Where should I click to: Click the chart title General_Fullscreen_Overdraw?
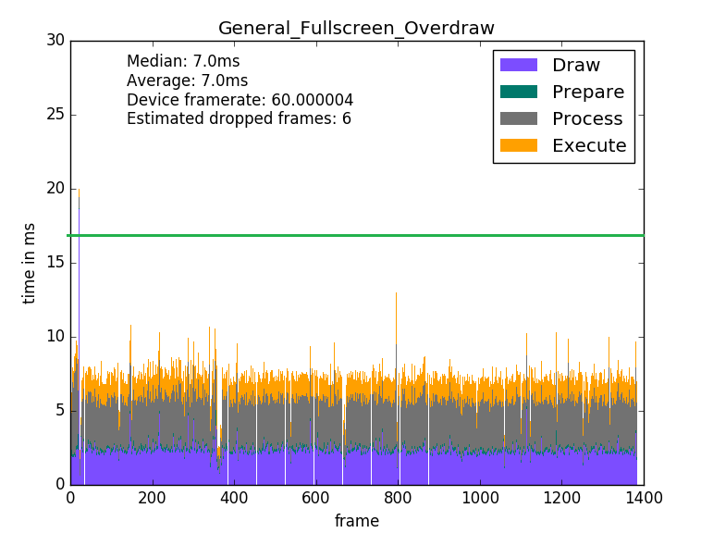[357, 28]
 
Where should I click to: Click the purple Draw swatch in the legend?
[518, 66]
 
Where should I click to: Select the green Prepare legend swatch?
[518, 92]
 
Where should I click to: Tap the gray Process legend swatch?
[518, 118]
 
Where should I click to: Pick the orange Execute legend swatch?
[518, 145]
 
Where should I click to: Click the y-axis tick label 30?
[55, 41]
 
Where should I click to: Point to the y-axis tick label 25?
[55, 115]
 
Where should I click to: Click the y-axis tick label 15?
[55, 263]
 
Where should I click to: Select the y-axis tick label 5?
[59, 411]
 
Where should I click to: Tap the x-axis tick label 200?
[152, 498]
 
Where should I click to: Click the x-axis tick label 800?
[398, 498]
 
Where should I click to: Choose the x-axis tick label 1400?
[644, 498]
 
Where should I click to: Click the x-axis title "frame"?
[357, 521]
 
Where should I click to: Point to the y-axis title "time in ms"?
[30, 263]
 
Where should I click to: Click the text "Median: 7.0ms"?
[183, 62]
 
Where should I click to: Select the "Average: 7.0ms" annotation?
[187, 81]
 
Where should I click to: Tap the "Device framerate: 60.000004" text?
[240, 100]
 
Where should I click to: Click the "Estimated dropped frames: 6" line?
[239, 118]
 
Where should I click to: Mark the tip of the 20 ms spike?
[79, 190]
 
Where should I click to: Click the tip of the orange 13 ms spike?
[397, 293]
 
